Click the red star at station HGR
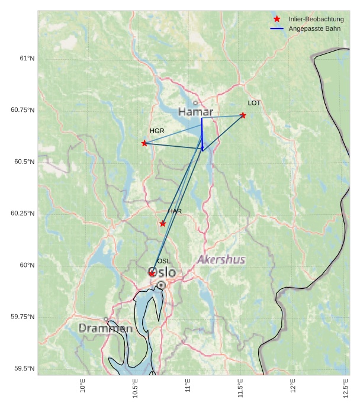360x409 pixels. tap(144, 143)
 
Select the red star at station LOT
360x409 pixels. tap(243, 115)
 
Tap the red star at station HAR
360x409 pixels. tap(163, 224)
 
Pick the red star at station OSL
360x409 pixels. tap(152, 273)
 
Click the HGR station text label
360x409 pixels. tap(157, 131)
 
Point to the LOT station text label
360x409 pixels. tap(254, 103)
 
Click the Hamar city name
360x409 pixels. tap(195, 112)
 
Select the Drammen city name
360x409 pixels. tap(105, 328)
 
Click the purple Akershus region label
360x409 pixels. tap(221, 260)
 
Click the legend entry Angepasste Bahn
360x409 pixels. tap(314, 28)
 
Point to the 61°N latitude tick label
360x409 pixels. tap(27, 59)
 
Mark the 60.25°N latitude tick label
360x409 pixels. tap(23, 214)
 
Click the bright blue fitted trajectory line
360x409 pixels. tap(202, 133)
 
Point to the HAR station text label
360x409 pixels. tap(175, 211)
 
